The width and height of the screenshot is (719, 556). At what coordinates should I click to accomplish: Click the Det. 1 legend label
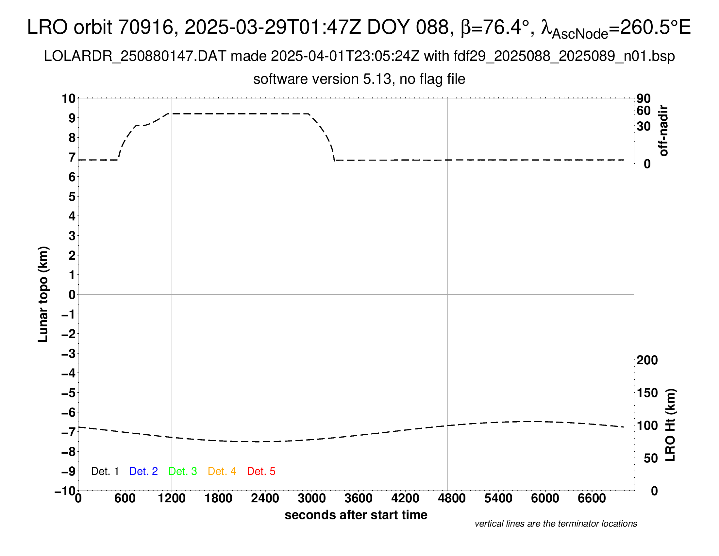(x=105, y=471)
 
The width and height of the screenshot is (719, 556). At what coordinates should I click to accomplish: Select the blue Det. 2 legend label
(x=143, y=471)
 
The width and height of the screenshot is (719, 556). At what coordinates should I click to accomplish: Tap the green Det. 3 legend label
(x=183, y=471)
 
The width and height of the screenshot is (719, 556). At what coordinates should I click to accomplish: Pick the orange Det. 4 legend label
(x=222, y=471)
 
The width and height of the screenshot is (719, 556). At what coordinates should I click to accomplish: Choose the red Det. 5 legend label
(x=261, y=471)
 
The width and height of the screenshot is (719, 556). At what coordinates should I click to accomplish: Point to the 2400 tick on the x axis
(x=265, y=498)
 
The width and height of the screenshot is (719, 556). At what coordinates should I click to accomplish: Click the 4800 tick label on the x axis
(x=452, y=498)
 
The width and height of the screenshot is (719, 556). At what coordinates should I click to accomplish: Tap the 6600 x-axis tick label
(x=592, y=498)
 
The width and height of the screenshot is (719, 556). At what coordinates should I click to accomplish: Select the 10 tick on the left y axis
(x=69, y=98)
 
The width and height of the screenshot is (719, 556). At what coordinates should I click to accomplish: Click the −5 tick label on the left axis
(x=69, y=393)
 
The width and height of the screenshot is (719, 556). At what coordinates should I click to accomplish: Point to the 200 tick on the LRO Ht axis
(x=647, y=360)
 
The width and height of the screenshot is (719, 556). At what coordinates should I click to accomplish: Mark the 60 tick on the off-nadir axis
(x=644, y=111)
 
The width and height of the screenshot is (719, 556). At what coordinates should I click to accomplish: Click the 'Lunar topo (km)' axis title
(x=43, y=294)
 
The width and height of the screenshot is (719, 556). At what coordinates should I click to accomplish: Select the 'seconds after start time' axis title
(x=356, y=515)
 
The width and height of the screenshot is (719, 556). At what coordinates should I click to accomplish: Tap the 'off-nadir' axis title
(x=663, y=131)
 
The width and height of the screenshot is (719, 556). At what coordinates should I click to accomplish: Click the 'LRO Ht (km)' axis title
(x=670, y=425)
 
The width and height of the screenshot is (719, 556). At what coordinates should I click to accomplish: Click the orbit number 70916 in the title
(x=145, y=27)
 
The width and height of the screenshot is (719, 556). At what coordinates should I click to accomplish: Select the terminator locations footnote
(x=556, y=524)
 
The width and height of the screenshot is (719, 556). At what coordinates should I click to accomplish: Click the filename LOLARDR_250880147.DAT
(x=135, y=56)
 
